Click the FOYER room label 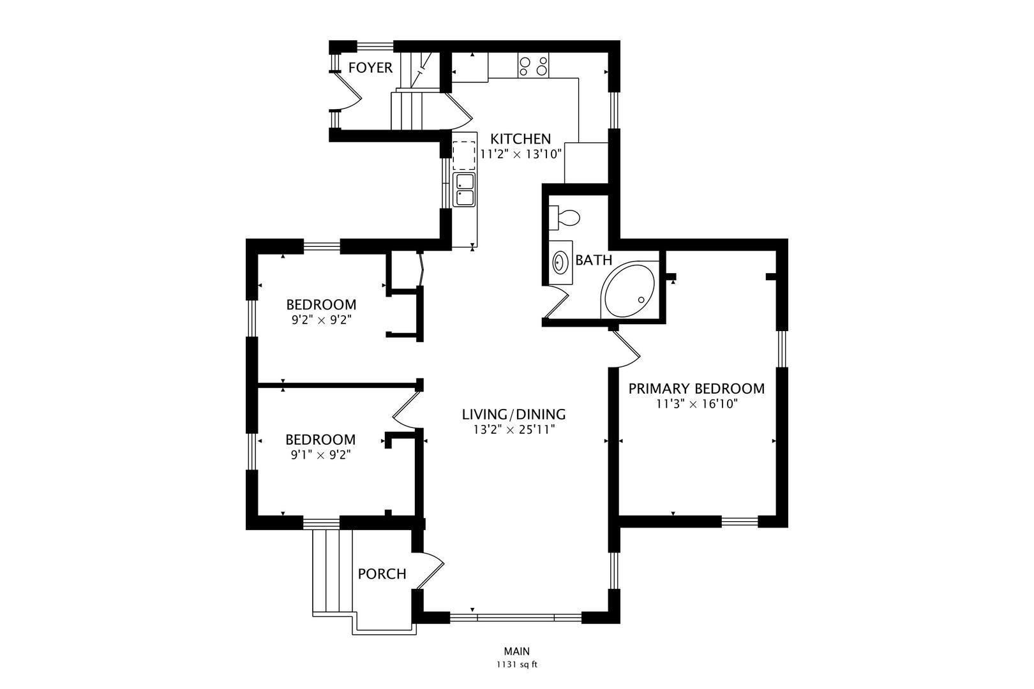click(x=370, y=68)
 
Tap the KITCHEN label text click(x=520, y=138)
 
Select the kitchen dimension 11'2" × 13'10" click(x=520, y=154)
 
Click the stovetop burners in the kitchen click(x=534, y=66)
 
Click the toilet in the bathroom click(x=564, y=218)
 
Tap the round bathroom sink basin click(x=561, y=262)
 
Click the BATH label click(x=594, y=260)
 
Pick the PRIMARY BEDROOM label click(x=696, y=389)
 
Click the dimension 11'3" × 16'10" click(x=696, y=404)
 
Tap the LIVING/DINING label click(x=514, y=415)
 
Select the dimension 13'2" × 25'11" click(x=514, y=430)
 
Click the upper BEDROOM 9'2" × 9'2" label click(x=321, y=304)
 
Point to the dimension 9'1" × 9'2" click(x=320, y=455)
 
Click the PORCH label click(x=382, y=574)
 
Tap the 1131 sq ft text click(x=516, y=665)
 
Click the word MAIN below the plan click(x=516, y=651)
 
